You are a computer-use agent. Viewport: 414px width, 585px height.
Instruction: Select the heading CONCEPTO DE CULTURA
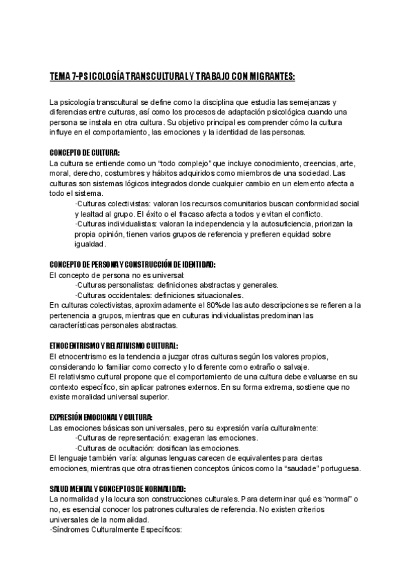point(85,152)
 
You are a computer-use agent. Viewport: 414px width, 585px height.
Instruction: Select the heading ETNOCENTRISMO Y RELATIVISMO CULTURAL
point(115,346)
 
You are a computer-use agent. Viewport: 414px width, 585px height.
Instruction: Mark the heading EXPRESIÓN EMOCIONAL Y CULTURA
point(101,418)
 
